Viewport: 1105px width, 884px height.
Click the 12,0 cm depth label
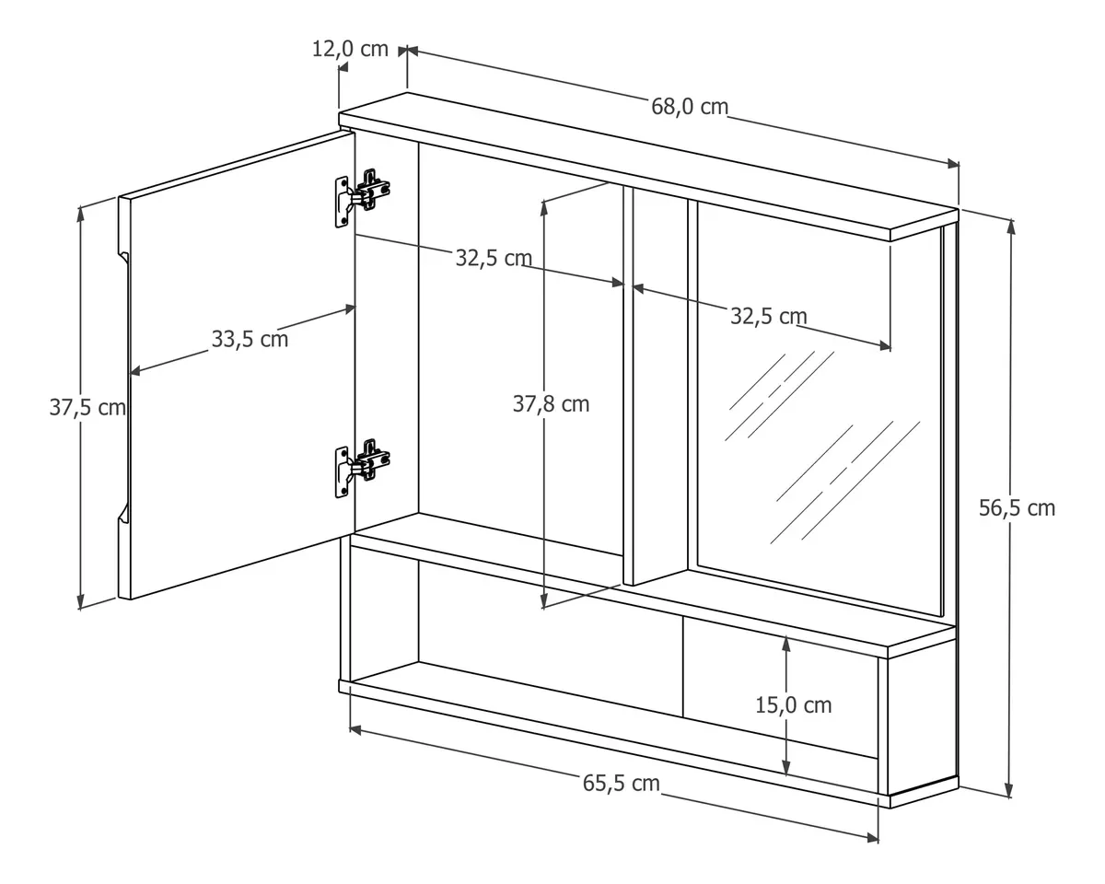point(350,49)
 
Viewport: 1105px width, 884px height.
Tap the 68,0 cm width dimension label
point(690,107)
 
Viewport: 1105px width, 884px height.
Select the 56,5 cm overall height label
point(1017,508)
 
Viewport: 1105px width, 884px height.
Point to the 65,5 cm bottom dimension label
point(621,784)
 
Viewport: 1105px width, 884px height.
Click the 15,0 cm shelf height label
point(794,705)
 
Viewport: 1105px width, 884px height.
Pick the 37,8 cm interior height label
point(551,404)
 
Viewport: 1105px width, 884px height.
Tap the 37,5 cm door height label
point(87,407)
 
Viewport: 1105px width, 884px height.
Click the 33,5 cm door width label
point(250,339)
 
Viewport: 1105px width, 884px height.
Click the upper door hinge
point(363,198)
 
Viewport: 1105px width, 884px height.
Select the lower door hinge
point(363,468)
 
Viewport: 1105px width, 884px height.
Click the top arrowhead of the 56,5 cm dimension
point(1010,226)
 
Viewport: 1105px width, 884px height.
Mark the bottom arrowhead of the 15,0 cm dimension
point(786,769)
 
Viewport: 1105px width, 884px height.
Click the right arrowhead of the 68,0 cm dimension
point(953,164)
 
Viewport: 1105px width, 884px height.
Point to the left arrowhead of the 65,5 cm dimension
point(355,730)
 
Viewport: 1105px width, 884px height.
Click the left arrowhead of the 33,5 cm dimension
point(135,370)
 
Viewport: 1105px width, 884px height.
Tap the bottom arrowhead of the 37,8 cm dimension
point(544,601)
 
